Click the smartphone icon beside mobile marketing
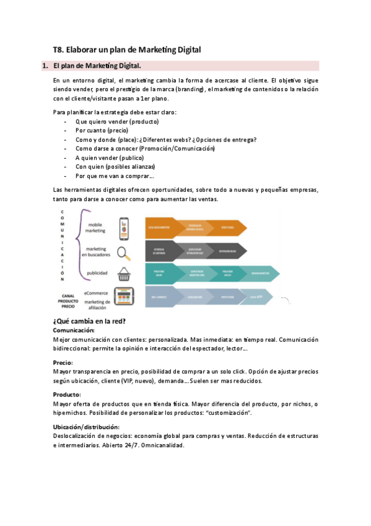(124, 228)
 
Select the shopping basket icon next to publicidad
(124, 273)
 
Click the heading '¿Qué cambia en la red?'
(90, 321)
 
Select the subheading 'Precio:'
(63, 362)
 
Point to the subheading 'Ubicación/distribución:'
(86, 427)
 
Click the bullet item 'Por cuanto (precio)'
(102, 131)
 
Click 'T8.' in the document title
(59, 49)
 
